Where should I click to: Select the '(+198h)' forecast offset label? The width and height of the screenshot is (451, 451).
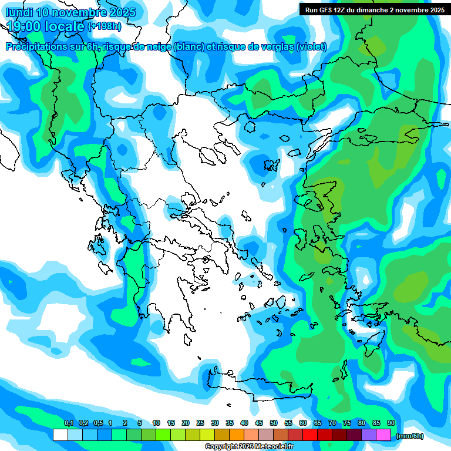click(x=105, y=26)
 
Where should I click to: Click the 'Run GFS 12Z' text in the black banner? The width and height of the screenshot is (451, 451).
click(x=325, y=10)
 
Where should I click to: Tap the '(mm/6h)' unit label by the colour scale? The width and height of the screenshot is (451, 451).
click(x=410, y=436)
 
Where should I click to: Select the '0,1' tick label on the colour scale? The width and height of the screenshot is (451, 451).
click(x=68, y=423)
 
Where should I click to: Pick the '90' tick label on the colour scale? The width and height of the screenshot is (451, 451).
click(x=391, y=423)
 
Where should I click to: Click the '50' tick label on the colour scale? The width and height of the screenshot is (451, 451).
click(x=274, y=423)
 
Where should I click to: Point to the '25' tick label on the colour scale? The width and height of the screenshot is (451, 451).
click(x=200, y=423)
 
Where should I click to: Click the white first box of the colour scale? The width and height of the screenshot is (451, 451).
click(x=60, y=435)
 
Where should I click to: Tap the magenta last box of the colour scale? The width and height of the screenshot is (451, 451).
click(x=383, y=435)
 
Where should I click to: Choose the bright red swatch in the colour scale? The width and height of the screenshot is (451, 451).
click(x=310, y=435)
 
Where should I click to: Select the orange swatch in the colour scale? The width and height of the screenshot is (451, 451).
click(x=237, y=435)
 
